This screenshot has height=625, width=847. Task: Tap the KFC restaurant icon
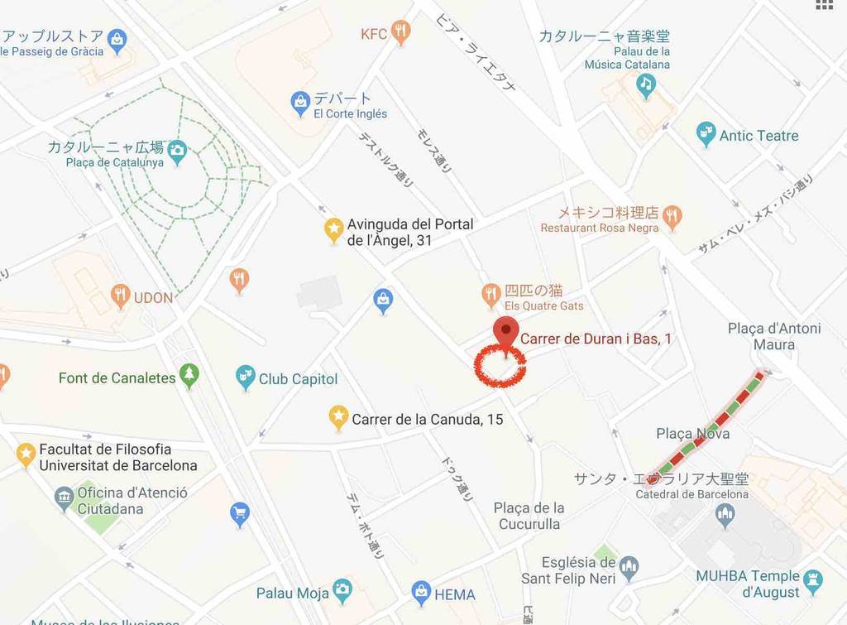[401, 32]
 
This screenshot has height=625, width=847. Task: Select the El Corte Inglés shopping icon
[300, 103]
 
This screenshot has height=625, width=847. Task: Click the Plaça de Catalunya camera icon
[177, 151]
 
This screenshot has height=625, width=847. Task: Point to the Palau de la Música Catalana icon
[646, 83]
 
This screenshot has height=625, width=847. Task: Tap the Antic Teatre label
[758, 136]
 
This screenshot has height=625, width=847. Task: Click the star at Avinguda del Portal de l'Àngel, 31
[333, 229]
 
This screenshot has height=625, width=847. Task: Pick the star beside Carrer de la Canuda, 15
[338, 417]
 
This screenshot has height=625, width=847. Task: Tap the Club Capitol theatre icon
[245, 377]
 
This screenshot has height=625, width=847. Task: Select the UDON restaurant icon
[121, 296]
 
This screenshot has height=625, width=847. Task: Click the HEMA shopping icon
[421, 593]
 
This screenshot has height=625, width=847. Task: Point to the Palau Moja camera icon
[342, 591]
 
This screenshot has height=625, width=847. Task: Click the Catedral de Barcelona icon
[725, 515]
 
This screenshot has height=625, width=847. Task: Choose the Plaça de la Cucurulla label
[529, 516]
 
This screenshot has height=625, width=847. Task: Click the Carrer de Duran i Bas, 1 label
[596, 339]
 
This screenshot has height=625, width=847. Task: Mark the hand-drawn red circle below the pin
[500, 368]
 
